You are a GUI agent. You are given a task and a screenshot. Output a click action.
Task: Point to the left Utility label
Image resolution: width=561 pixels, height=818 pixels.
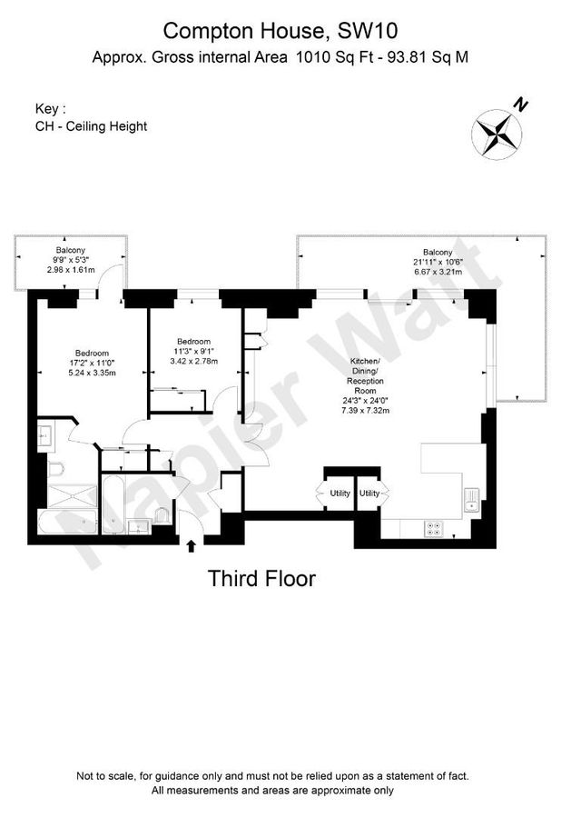340,493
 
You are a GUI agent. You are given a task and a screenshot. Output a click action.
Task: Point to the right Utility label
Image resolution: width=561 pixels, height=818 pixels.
369,493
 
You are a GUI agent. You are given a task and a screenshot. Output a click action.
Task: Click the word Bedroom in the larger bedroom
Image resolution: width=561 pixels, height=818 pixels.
92,353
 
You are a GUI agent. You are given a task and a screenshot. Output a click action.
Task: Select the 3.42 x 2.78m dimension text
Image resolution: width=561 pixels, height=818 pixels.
196,361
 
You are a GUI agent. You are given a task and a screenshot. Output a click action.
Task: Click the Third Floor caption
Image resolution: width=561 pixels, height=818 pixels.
261,577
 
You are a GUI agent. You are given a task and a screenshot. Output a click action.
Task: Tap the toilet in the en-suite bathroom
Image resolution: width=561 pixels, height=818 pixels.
55,469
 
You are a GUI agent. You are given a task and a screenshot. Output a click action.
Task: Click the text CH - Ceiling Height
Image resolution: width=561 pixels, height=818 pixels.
91,126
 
